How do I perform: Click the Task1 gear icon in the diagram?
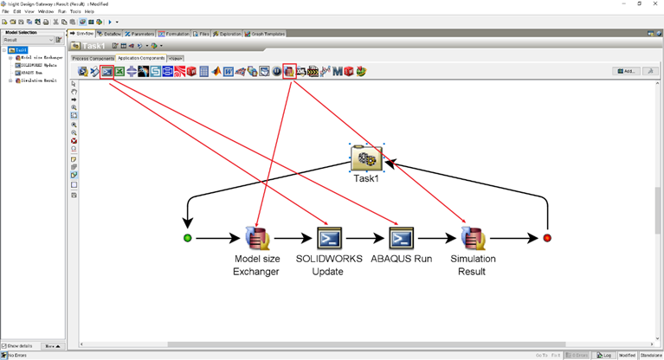(x=366, y=158)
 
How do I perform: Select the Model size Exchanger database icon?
(x=257, y=237)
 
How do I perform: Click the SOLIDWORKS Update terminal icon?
(x=330, y=237)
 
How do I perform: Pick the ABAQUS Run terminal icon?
(x=401, y=237)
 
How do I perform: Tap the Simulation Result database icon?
(x=473, y=237)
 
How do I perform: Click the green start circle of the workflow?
(x=188, y=238)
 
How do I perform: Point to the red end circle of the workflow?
(x=547, y=238)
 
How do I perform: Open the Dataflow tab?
(x=111, y=34)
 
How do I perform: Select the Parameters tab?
(x=140, y=34)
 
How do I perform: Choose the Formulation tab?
(x=177, y=34)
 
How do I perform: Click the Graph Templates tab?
(x=267, y=34)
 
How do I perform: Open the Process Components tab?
(x=93, y=58)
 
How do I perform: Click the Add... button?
(x=625, y=71)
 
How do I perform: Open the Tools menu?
(x=75, y=11)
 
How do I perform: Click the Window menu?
(x=46, y=11)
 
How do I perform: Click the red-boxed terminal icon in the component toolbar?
(x=106, y=71)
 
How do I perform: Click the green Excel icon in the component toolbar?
(x=119, y=71)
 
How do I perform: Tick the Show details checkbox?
(x=4, y=346)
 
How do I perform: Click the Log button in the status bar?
(x=604, y=355)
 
